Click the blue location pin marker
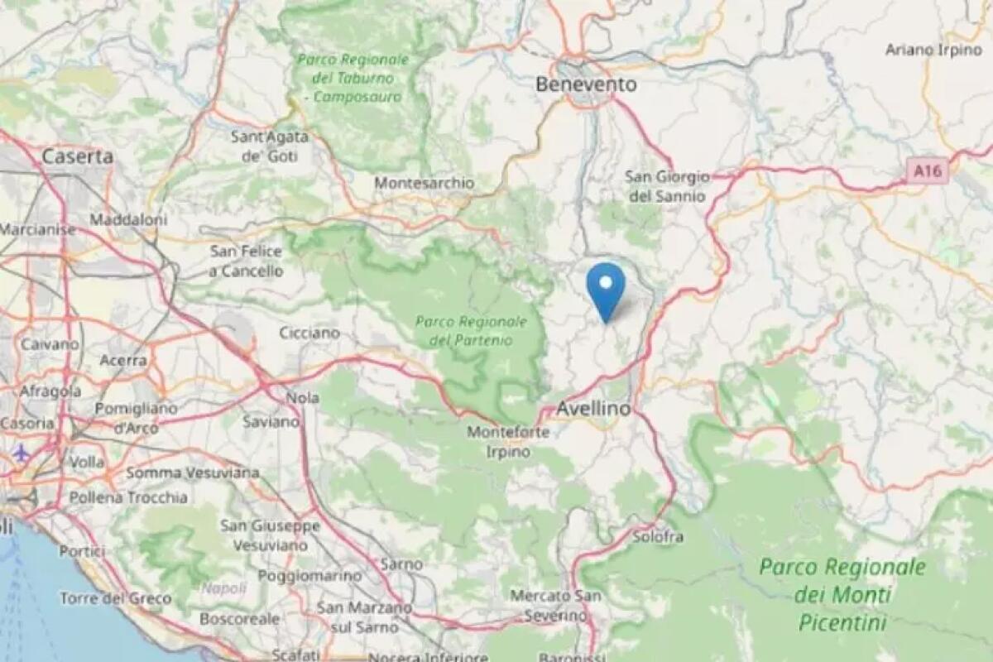pyautogui.click(x=606, y=288)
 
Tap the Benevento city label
pyautogui.click(x=586, y=84)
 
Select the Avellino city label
pyautogui.click(x=592, y=409)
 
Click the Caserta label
pyautogui.click(x=78, y=156)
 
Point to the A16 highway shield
pyautogui.click(x=926, y=172)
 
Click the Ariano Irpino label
pyautogui.click(x=933, y=50)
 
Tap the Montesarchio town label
pyautogui.click(x=425, y=183)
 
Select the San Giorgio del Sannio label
pyautogui.click(x=667, y=186)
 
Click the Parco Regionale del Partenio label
pyautogui.click(x=471, y=330)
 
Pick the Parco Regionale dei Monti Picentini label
pyautogui.click(x=842, y=594)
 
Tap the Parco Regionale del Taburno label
pyautogui.click(x=353, y=79)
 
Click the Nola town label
pyautogui.click(x=302, y=398)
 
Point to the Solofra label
pyautogui.click(x=658, y=537)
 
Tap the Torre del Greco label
pyautogui.click(x=115, y=598)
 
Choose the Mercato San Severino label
pyautogui.click(x=555, y=605)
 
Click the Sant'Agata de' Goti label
pyautogui.click(x=270, y=146)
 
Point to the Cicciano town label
pyautogui.click(x=309, y=333)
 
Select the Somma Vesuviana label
pyautogui.click(x=192, y=473)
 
